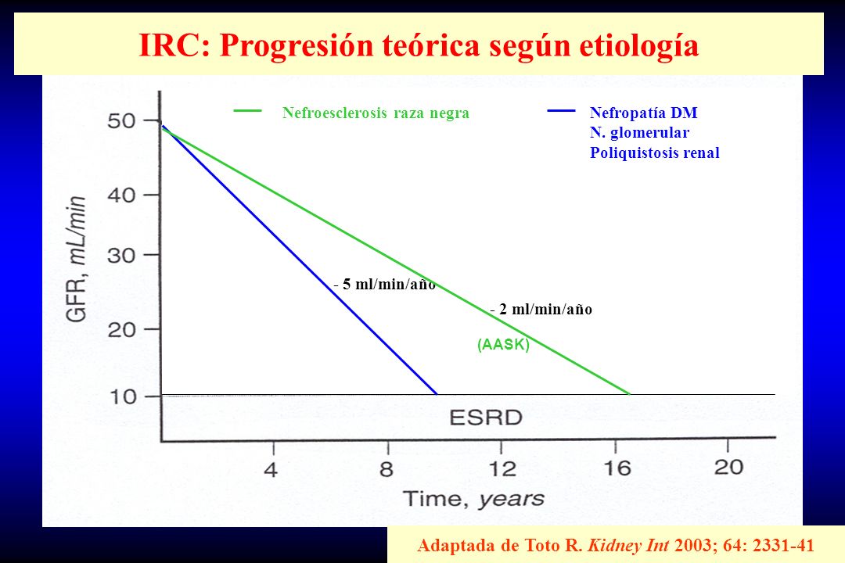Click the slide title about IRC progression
(419, 46)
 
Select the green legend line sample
(247, 111)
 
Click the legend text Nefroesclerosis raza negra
(376, 113)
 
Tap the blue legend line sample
(561, 111)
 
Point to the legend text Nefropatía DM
(643, 113)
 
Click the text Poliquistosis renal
(655, 152)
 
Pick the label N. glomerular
(639, 132)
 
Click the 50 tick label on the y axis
(121, 120)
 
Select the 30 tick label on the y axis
(121, 256)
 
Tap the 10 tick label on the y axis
(122, 397)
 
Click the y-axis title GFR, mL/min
(76, 259)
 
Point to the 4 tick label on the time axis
(271, 469)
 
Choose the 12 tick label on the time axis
(502, 468)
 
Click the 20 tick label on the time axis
(729, 467)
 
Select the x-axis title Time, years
(473, 499)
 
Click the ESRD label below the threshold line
(486, 418)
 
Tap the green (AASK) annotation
(503, 344)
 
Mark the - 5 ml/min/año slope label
(384, 284)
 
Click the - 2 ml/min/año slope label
(541, 309)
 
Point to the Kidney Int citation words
(628, 545)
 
